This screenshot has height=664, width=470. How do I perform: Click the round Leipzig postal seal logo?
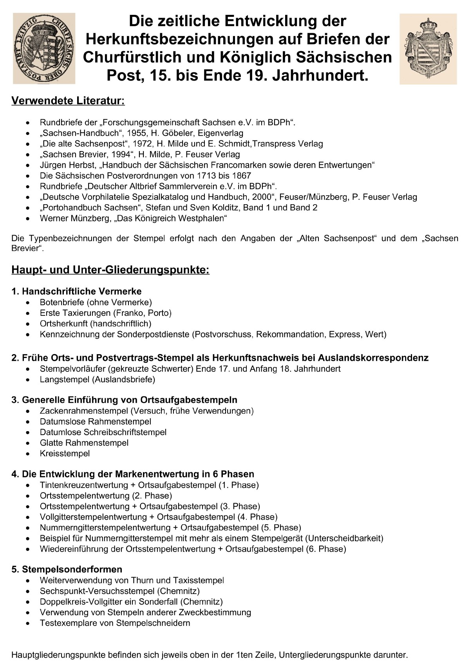coord(44,48)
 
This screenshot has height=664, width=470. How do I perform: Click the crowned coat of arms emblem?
coord(428,48)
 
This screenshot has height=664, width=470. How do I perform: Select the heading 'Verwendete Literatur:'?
coord(68,101)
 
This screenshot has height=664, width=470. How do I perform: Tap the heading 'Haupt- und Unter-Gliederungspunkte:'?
coord(110,270)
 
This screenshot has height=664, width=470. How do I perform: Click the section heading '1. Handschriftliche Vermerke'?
coord(76,292)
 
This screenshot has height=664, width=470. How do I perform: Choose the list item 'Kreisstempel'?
coord(65,453)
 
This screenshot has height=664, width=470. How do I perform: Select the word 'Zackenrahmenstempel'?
coord(83,411)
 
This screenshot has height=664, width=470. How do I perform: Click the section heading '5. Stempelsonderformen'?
coord(67,569)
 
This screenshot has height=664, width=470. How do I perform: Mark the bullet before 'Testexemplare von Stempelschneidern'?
coord(27,623)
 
